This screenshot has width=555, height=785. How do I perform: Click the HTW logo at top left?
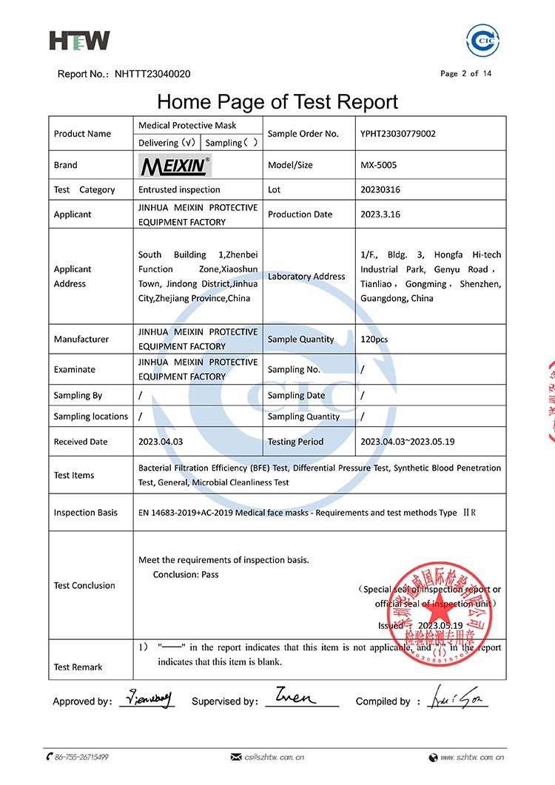point(79,40)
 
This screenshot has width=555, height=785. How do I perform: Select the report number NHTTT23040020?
point(152,74)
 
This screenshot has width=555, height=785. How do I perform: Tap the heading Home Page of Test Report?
point(277,101)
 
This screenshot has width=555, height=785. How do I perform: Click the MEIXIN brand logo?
point(175,166)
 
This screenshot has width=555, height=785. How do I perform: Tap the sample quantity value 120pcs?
point(375,339)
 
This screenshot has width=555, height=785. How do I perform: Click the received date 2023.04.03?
point(160,442)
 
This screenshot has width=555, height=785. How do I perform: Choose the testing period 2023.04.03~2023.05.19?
point(407,442)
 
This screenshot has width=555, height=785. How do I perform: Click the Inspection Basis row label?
point(85,513)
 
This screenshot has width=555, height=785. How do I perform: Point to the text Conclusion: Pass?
point(186,574)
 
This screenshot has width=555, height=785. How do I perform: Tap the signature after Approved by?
point(147,698)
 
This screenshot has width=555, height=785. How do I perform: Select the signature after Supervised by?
point(295,697)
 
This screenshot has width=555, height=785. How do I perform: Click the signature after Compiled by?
point(456,698)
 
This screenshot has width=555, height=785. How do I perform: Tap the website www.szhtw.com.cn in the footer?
point(472,757)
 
